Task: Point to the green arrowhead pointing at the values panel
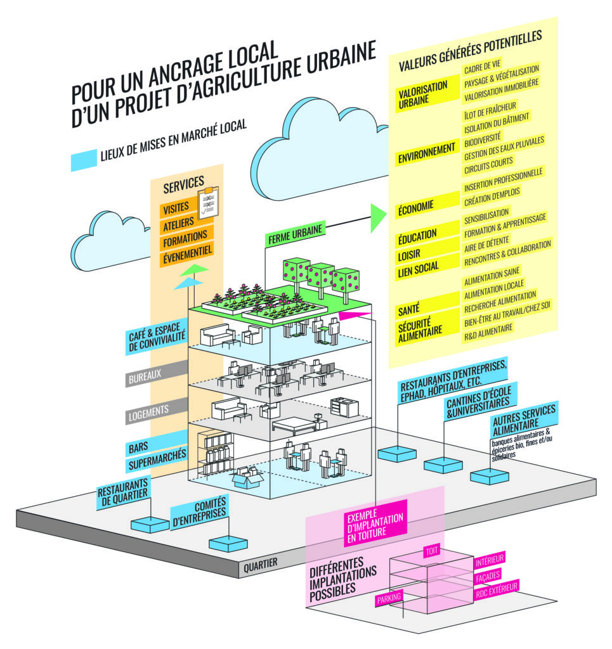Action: tap(377, 217)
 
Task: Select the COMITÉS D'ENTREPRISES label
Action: tap(199, 514)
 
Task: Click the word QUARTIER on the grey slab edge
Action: tap(261, 567)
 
